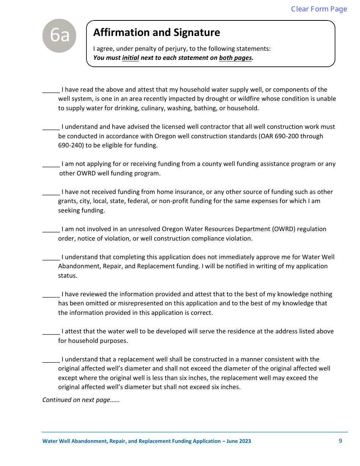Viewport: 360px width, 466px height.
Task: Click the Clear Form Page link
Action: (319, 9)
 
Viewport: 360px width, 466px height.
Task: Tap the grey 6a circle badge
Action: (59, 36)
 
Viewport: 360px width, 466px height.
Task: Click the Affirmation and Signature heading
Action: (157, 33)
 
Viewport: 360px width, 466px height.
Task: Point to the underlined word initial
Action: (130, 58)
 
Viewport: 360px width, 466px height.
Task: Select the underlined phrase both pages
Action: (235, 58)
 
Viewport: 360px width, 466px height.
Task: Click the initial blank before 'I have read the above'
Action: (51, 90)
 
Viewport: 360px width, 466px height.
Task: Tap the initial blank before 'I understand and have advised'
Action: (51, 127)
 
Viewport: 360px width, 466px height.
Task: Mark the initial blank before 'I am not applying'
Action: (51, 164)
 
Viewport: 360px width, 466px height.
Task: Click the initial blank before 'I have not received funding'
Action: (51, 192)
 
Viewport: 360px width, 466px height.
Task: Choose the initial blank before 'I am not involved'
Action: (51, 229)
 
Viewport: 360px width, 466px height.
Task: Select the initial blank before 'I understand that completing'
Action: (51, 257)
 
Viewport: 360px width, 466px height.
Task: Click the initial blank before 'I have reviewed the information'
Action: (51, 294)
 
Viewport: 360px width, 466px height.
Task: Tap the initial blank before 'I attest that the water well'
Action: (51, 332)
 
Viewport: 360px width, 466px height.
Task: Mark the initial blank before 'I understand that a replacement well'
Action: (51, 360)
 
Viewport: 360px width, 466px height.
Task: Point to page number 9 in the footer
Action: (340, 441)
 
